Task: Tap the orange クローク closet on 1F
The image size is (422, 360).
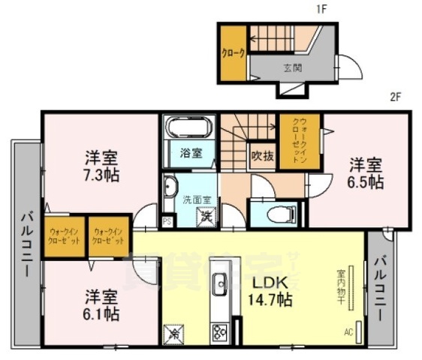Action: [x=231, y=54]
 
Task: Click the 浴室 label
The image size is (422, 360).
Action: [x=190, y=153]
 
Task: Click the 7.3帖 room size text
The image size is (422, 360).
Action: [x=101, y=174]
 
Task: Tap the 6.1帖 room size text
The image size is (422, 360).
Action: [x=101, y=313]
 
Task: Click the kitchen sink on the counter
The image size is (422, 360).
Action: [x=221, y=284]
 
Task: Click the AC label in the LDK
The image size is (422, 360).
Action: [x=348, y=331]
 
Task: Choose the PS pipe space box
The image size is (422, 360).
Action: [x=167, y=222]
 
